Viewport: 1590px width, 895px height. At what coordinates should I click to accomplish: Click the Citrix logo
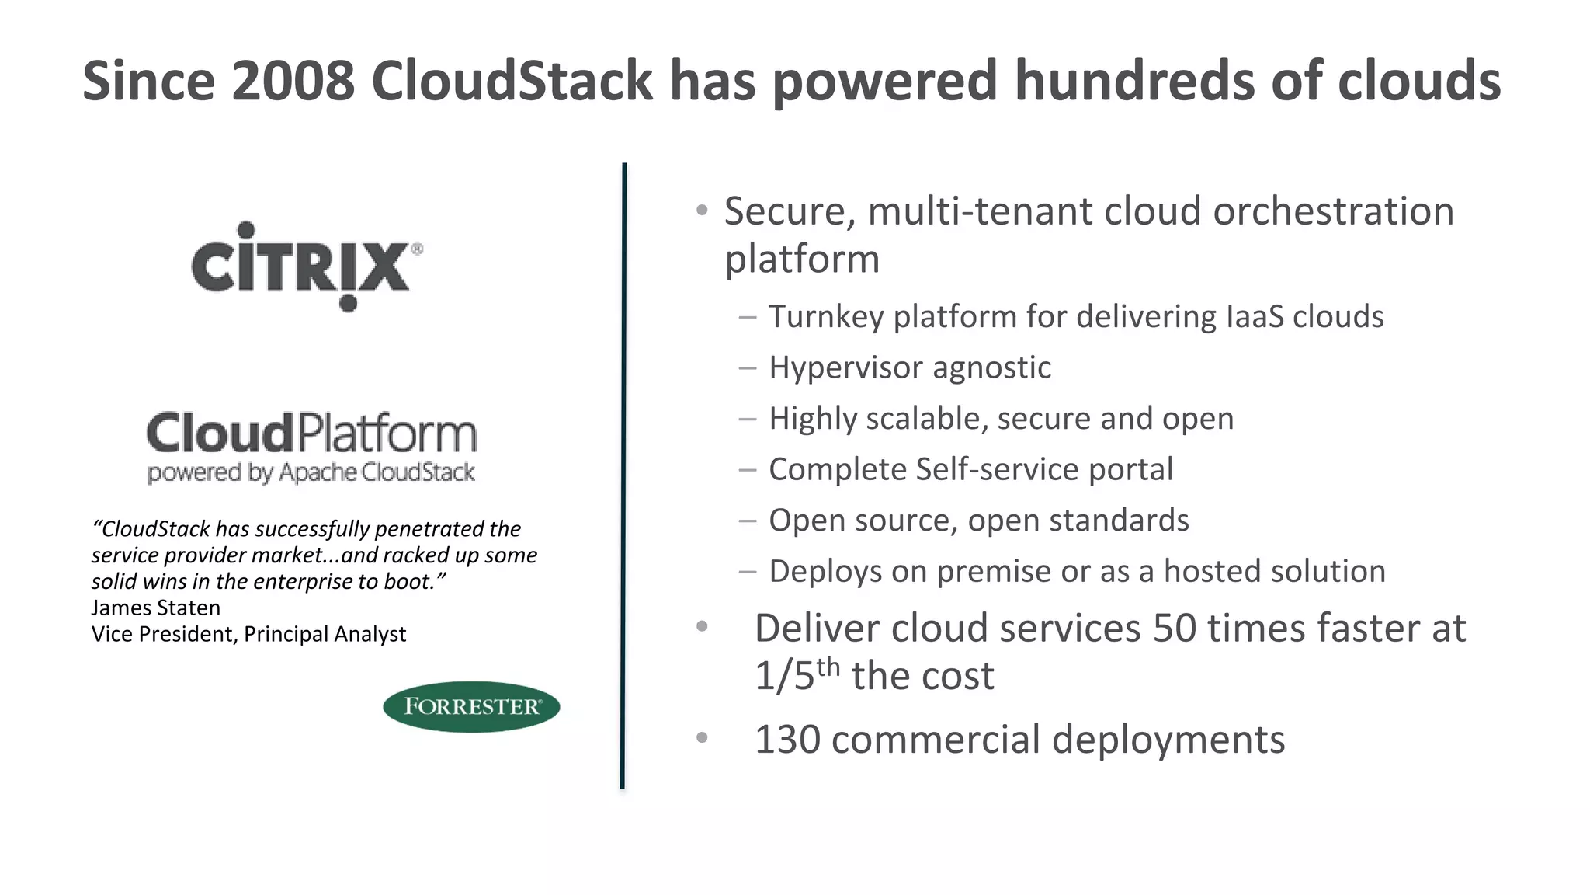[307, 266]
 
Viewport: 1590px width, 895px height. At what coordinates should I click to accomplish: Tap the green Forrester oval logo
[471, 706]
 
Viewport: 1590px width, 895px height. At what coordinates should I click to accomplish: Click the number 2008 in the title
[293, 81]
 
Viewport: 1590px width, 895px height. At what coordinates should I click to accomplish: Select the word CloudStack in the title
[512, 81]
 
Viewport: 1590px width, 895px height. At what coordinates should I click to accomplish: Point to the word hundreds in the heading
[1133, 81]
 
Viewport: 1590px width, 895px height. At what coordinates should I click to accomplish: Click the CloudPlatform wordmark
[311, 433]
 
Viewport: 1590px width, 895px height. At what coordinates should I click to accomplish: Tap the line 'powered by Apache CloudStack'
[311, 472]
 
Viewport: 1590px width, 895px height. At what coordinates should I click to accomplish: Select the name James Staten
[155, 608]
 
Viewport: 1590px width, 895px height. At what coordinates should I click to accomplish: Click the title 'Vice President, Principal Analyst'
[248, 634]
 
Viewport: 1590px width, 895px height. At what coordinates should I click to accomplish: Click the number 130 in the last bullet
[787, 739]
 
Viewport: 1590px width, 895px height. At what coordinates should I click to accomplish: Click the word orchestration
[1333, 211]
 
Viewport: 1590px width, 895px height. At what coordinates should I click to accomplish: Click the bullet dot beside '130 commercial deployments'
[702, 737]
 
